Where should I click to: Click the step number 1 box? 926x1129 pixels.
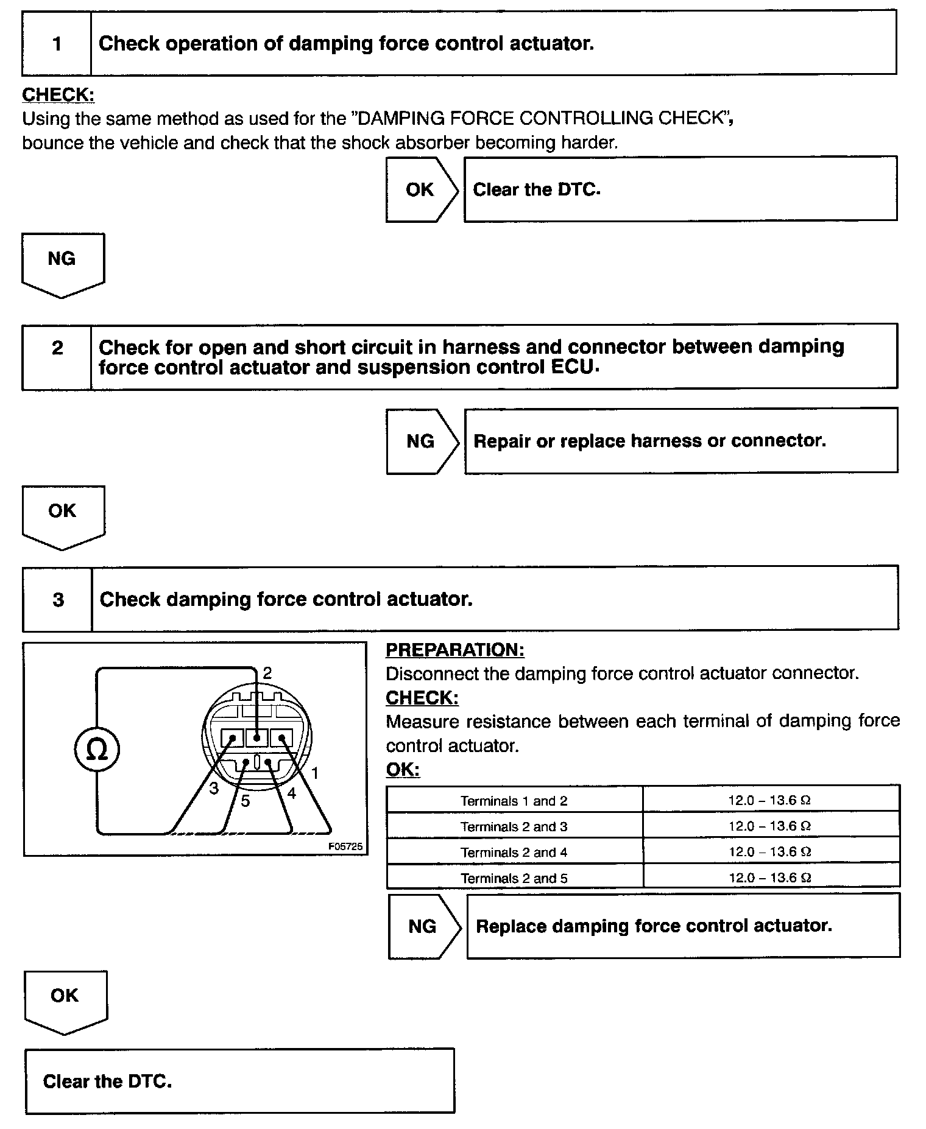(57, 43)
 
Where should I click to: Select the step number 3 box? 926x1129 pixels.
(58, 600)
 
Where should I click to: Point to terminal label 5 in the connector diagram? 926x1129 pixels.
(245, 801)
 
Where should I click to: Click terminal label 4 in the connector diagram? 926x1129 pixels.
(291, 793)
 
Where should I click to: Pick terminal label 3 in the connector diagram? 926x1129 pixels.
(214, 789)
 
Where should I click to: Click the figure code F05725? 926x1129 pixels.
(345, 846)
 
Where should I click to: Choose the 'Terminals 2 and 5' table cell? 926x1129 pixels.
(514, 878)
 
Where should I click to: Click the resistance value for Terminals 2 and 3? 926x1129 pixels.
(769, 826)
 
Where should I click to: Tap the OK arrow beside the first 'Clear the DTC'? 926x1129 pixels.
(420, 189)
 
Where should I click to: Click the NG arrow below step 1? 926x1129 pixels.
(62, 262)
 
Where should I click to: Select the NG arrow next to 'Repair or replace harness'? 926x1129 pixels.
(421, 441)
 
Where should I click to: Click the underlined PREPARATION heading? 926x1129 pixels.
(454, 650)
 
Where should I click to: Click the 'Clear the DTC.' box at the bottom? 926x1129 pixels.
(239, 1081)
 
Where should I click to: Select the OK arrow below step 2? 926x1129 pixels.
(63, 514)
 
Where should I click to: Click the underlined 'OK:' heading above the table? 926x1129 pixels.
(403, 770)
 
